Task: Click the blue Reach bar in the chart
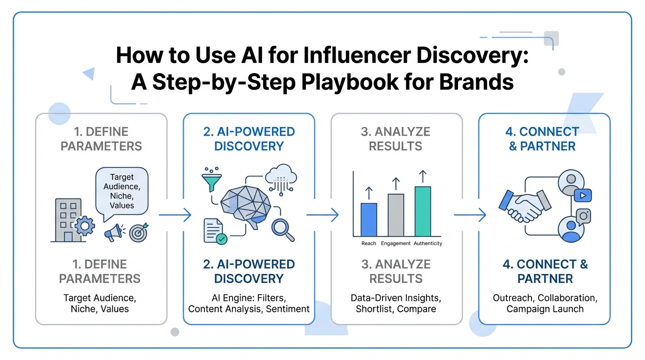pos(368,219)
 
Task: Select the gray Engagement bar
pos(396,215)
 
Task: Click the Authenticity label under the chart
pos(427,244)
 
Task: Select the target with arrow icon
pos(138,232)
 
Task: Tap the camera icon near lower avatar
pos(583,216)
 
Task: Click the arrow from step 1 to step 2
pos(175,215)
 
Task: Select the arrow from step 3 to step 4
pos(470,215)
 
